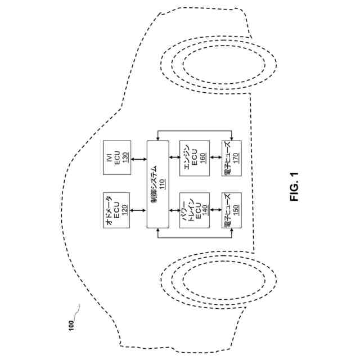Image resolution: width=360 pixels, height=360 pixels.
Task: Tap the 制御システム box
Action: click(x=157, y=184)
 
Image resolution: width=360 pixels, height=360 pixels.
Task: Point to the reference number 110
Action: click(x=163, y=184)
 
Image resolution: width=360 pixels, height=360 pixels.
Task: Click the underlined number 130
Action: click(x=125, y=156)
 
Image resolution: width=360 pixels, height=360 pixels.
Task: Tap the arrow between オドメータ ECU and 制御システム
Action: click(x=138, y=209)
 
